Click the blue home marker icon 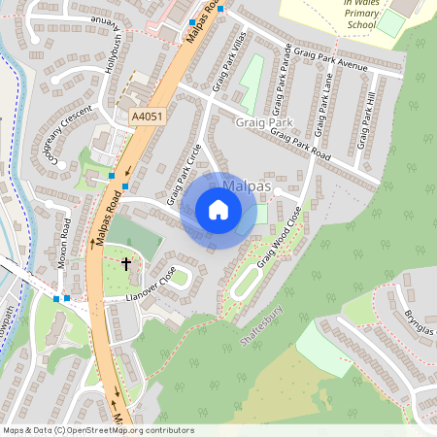(218, 210)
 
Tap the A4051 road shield (145, 117)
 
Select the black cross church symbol (125, 263)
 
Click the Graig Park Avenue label (331, 59)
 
